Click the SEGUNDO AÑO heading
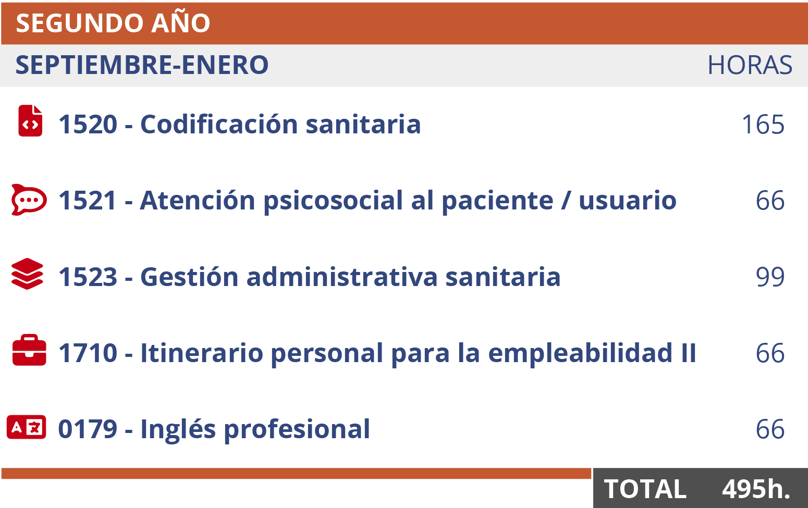point(113,23)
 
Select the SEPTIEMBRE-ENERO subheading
point(142,65)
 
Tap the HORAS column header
point(749,65)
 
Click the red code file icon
point(30,121)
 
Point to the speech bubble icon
point(29,200)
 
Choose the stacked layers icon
point(28,274)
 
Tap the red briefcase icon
point(29,350)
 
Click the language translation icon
point(27,427)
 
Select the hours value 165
point(763,125)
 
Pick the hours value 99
point(770,277)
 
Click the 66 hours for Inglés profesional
point(770,430)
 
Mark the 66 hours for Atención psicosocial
point(770,201)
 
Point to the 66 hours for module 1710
point(770,354)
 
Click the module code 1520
point(88,125)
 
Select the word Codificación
point(219,125)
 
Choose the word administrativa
point(342,277)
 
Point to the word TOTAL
point(645,489)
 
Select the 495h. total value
point(756,489)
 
